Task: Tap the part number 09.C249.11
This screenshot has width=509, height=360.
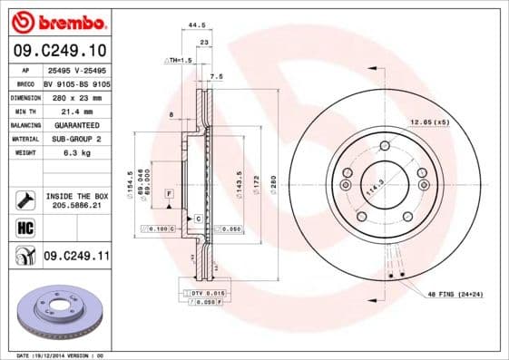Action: pos(76,257)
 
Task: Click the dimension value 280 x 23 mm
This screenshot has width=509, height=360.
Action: pos(76,96)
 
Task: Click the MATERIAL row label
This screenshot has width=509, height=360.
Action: pos(25,139)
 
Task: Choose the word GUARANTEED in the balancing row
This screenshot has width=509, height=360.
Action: pos(76,124)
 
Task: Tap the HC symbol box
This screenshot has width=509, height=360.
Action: pos(24,228)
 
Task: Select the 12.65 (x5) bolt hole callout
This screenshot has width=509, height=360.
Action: pos(429,122)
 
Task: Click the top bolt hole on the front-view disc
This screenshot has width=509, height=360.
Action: pos(385,146)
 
